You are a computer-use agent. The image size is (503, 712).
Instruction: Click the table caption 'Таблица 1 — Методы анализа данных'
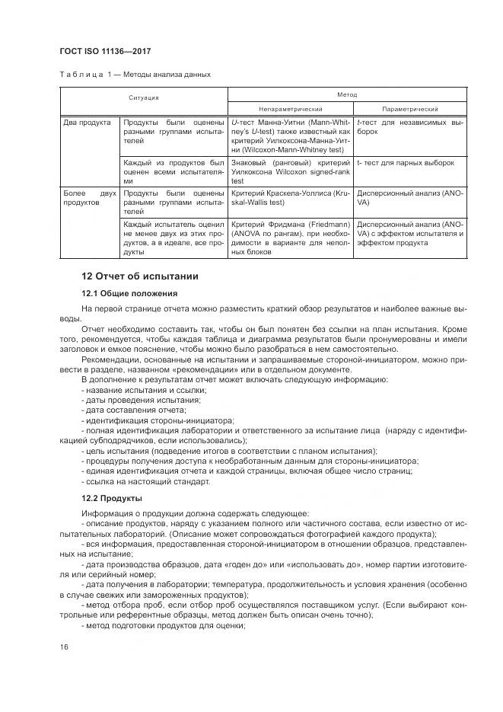(135, 75)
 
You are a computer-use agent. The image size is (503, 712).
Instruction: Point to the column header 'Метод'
(347, 94)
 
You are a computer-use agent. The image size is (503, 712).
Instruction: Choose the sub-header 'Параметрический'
(410, 109)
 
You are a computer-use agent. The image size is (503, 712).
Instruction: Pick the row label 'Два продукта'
(87, 122)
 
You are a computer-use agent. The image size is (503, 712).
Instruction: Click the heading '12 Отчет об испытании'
(139, 276)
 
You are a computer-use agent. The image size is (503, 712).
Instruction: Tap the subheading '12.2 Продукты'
(112, 497)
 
